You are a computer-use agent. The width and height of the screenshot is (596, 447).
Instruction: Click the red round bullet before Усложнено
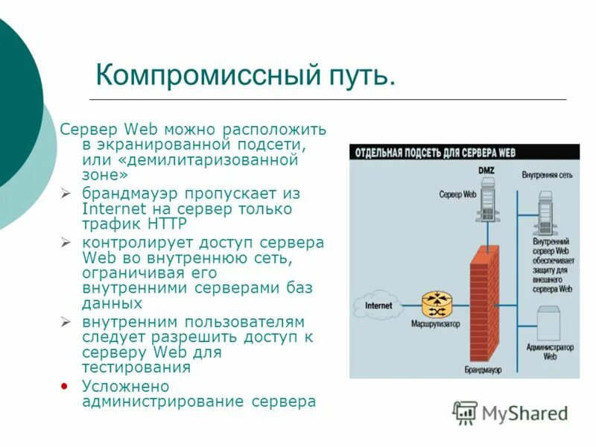pos(66,386)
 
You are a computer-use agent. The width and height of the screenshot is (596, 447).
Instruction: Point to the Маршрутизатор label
pos(435,324)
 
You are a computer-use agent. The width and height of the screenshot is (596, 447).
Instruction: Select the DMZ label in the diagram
pos(485,171)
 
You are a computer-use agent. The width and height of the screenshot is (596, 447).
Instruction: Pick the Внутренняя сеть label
pos(547,175)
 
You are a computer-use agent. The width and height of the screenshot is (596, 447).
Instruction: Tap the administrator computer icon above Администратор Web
pos(550,322)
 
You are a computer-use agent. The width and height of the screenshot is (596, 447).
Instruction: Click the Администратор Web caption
pos(550,352)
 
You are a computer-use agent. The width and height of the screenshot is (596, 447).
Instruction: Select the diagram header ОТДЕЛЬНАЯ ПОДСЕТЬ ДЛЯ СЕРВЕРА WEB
pos(436,153)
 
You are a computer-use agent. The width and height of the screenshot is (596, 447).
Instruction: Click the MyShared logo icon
pos(465,412)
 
